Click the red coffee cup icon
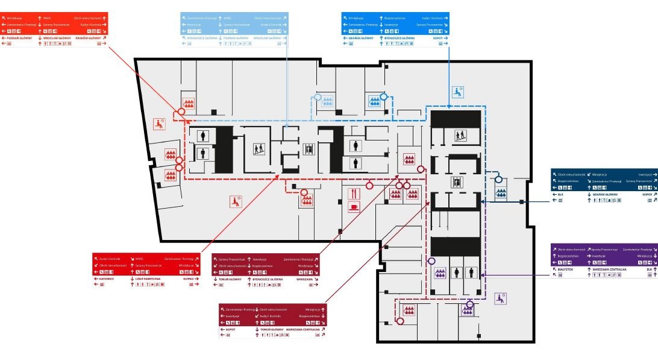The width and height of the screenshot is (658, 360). [354, 206]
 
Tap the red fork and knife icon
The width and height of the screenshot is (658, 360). [354, 193]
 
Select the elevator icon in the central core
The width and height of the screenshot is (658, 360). [309, 147]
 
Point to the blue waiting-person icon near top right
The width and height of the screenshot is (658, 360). [459, 92]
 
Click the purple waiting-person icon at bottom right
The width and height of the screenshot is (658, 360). [500, 297]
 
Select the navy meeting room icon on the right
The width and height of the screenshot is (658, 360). [501, 193]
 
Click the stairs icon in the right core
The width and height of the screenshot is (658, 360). [460, 136]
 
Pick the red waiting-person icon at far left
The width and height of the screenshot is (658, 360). [159, 124]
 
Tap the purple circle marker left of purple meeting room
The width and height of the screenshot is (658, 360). [431, 261]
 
